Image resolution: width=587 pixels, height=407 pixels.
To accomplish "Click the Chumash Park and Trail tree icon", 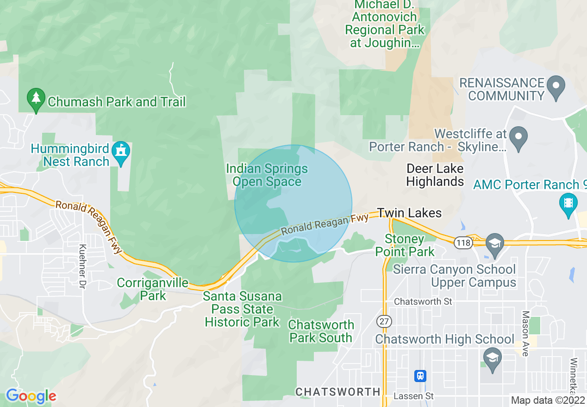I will coord(36,99).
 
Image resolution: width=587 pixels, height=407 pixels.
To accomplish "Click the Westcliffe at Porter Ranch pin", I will coord(518,138).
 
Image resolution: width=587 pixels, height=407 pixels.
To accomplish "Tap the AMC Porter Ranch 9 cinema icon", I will coord(568,204).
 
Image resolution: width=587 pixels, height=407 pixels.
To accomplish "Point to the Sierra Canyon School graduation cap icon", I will coord(495,244).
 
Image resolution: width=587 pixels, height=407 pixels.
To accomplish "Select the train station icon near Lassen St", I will coord(420,376).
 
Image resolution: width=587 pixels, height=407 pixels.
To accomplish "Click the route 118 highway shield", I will coord(462,242).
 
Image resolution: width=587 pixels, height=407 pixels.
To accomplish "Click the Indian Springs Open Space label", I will coord(267,175).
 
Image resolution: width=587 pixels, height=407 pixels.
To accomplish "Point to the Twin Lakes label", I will coord(409,213).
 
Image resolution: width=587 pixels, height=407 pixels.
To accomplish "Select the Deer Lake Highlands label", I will coord(435,175).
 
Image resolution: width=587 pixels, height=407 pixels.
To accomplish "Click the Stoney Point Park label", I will coord(405,246).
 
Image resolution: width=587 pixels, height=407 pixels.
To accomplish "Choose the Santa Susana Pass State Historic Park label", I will coord(242,309).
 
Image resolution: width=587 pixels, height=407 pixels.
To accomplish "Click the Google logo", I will coord(31,396).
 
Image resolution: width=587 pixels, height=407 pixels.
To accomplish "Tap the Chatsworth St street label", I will coord(423,302).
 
